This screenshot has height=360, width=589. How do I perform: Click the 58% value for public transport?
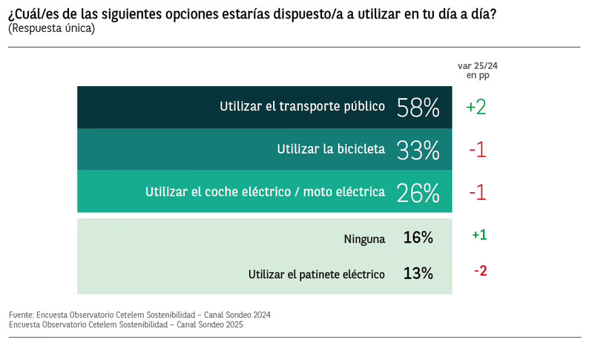[418, 107]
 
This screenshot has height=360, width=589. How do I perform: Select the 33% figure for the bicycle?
[418, 149]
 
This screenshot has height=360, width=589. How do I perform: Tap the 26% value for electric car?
[418, 192]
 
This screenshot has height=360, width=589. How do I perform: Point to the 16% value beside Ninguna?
[418, 238]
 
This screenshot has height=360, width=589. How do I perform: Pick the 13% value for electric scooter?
[418, 273]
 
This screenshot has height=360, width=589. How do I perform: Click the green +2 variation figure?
[476, 107]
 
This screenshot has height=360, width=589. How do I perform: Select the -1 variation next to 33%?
[477, 149]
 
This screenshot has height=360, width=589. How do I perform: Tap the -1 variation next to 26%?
[477, 192]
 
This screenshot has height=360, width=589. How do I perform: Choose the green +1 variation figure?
[479, 235]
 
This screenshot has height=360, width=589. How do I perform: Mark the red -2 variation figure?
[480, 270]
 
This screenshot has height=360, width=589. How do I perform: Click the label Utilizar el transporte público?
[302, 106]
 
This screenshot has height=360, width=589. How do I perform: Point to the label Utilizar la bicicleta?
[331, 148]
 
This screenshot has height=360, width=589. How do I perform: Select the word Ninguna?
[364, 238]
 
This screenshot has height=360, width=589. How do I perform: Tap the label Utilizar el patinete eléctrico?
[317, 274]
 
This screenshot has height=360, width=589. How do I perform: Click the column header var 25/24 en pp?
[478, 71]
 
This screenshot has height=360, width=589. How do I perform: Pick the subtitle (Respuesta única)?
[51, 29]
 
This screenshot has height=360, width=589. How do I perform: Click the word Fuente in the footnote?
[22, 315]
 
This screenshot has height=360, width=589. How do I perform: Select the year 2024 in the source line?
[260, 315]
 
